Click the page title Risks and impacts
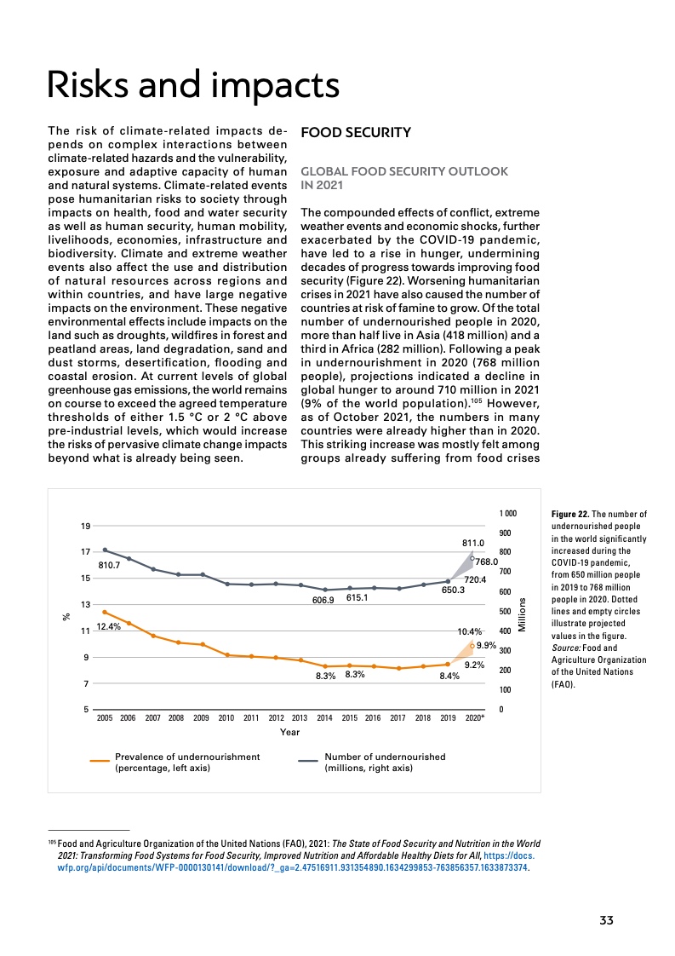click(193, 86)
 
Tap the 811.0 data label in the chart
click(472, 542)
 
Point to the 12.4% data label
click(107, 627)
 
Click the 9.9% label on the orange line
click(486, 646)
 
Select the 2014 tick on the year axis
click(324, 718)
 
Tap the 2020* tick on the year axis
click(475, 718)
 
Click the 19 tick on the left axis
click(85, 527)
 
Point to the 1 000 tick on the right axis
click(507, 514)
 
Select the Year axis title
click(289, 731)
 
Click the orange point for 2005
click(105, 612)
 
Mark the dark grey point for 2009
click(203, 575)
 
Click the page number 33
click(606, 920)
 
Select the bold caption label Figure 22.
click(569, 515)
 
